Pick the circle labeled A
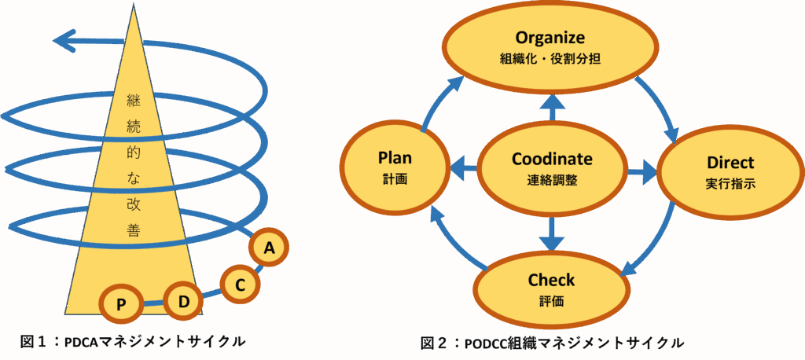click(269, 248)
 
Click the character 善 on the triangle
click(133, 229)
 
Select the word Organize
click(550, 37)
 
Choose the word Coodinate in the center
click(552, 160)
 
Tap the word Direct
click(730, 163)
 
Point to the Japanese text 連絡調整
click(552, 180)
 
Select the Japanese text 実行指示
click(730, 184)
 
